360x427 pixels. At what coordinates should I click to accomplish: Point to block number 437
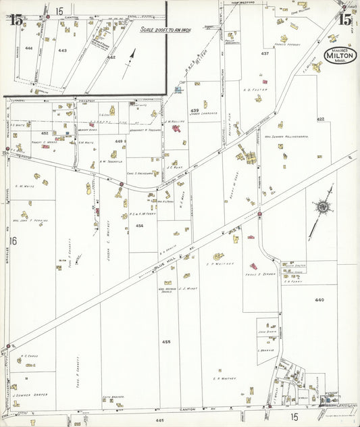[x=265, y=53]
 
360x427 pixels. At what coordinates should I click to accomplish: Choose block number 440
[x=319, y=299]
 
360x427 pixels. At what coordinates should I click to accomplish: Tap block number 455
[x=166, y=343]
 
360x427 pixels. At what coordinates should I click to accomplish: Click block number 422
[x=320, y=119]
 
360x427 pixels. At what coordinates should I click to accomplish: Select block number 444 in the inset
[x=28, y=49]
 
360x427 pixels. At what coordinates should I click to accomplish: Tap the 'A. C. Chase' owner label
[x=29, y=356]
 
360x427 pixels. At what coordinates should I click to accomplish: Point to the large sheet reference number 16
[x=11, y=241]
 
